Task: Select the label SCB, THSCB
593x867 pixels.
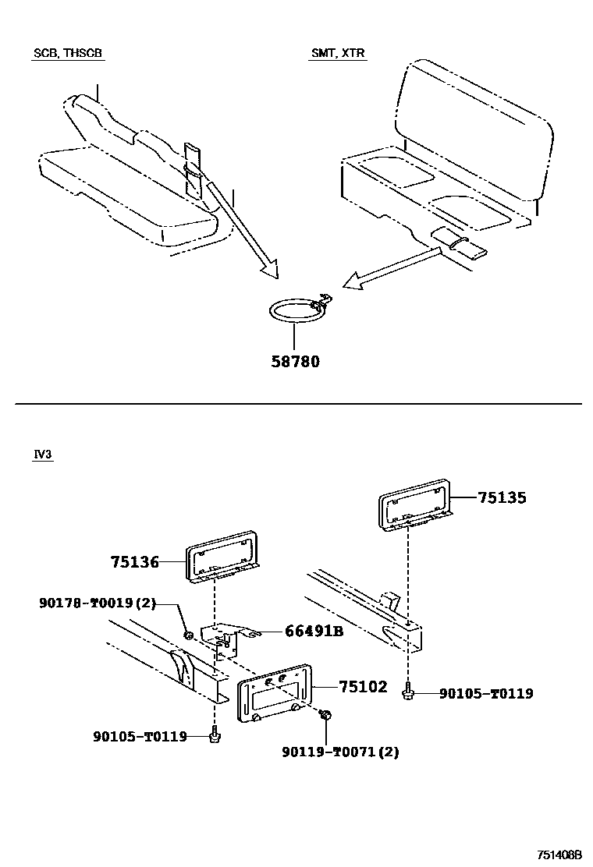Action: point(68,53)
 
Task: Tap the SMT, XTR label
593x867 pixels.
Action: point(338,53)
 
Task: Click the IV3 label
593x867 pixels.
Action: point(43,455)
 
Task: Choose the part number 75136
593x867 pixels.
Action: point(134,561)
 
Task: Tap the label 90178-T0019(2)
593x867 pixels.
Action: point(96,603)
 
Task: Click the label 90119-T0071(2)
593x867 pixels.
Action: point(340,752)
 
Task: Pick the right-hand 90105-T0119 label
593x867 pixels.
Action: point(486,693)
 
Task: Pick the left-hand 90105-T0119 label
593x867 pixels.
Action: point(140,735)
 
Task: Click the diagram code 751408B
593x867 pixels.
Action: point(559,855)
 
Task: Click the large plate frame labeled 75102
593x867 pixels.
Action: point(273,695)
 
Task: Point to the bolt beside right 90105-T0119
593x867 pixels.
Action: point(408,692)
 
